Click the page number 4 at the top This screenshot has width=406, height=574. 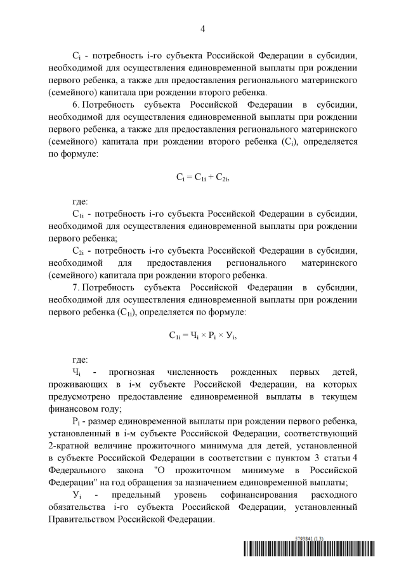(202, 29)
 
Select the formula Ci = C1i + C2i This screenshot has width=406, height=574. (202, 179)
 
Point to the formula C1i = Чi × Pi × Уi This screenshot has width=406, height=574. (202, 336)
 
